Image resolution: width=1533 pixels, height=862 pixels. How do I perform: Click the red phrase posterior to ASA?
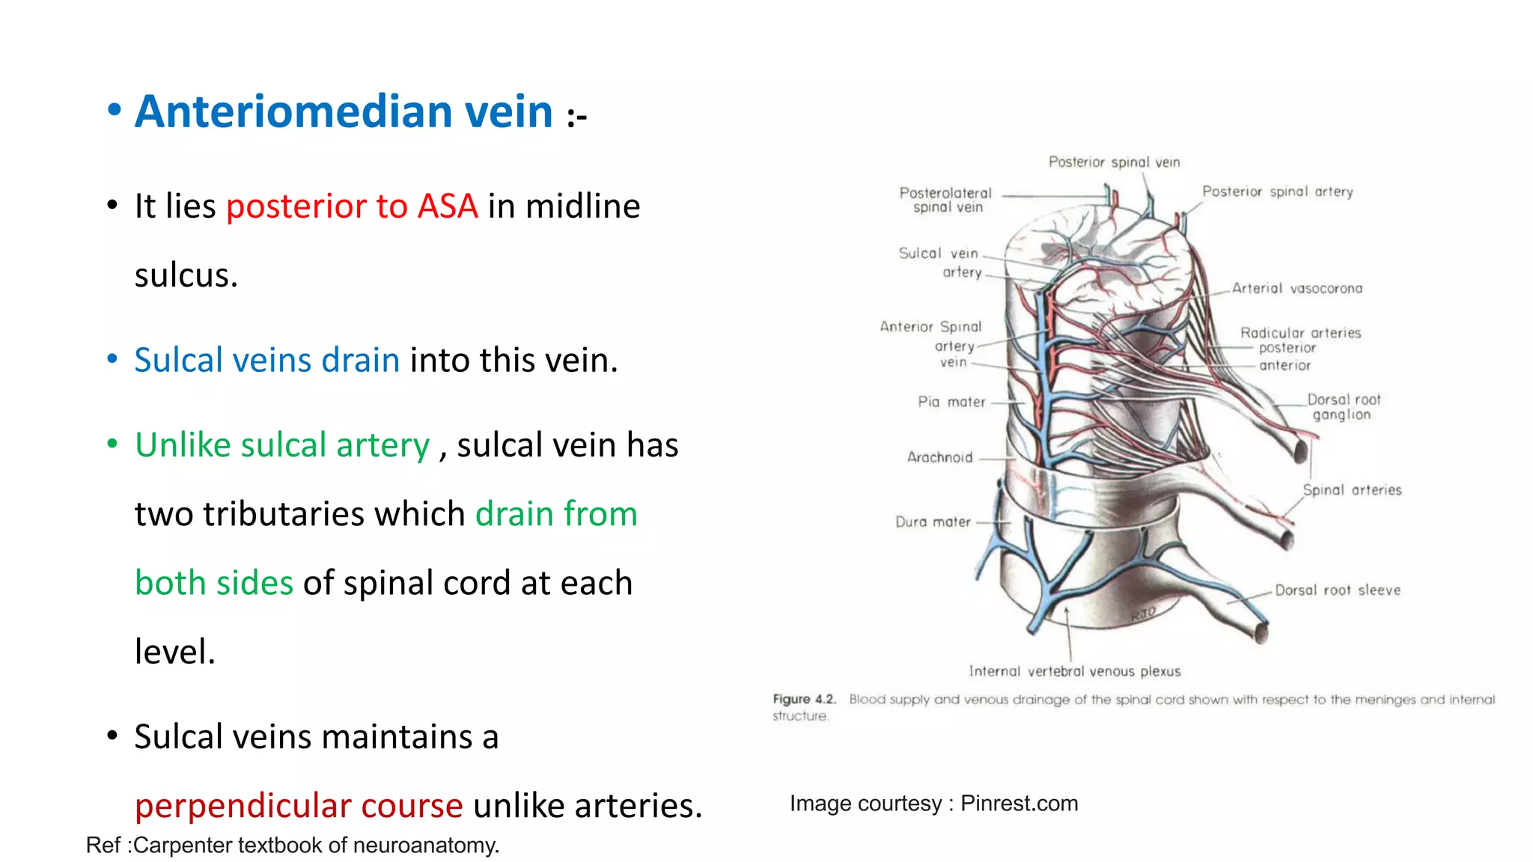(352, 206)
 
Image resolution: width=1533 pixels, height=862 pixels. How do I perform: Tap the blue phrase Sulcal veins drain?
(267, 360)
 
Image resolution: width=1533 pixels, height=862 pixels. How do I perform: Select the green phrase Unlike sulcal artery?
(282, 444)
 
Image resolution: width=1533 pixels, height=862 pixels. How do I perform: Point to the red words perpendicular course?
(299, 806)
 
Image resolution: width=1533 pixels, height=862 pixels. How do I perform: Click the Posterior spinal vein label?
(1114, 162)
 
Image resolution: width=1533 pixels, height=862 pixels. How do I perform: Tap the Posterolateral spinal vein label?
(946, 200)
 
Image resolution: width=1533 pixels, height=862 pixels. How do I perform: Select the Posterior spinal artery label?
(1277, 192)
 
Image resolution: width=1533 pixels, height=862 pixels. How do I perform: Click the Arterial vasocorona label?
(1297, 288)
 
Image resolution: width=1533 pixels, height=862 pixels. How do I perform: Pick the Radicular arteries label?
(1300, 333)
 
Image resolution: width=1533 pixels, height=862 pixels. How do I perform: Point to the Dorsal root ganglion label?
(1343, 407)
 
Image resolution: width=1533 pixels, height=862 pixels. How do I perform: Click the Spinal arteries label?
(1352, 490)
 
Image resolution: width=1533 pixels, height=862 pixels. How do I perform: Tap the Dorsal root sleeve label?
(1338, 590)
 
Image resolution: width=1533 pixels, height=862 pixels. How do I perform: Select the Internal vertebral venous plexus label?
(1074, 671)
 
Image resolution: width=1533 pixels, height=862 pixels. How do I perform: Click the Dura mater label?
(933, 522)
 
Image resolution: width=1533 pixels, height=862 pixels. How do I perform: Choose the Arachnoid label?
(939, 457)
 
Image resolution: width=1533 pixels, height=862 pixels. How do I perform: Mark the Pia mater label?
(951, 402)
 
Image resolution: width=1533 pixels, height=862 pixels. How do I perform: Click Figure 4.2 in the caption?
(804, 699)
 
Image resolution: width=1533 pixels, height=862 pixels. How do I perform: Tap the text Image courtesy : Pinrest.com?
(933, 804)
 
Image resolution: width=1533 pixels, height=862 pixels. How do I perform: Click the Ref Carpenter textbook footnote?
(292, 846)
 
